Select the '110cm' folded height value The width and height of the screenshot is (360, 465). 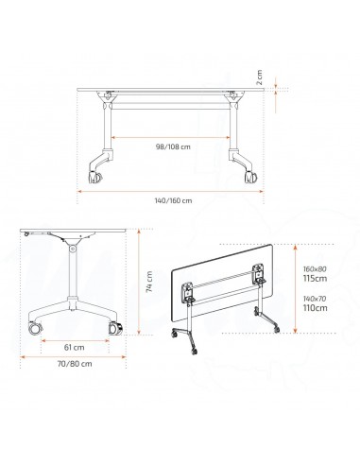(316, 308)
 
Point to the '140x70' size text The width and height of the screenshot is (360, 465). (316, 298)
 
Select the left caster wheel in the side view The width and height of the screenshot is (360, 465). (35, 330)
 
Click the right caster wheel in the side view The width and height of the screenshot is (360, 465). (118, 329)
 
